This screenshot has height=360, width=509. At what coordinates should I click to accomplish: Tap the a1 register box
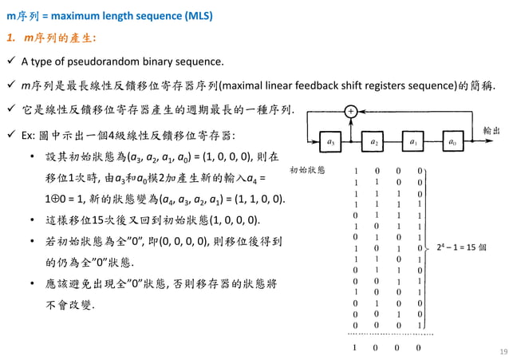pos(413,143)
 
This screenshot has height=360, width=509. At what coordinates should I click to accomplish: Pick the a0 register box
pos(452,143)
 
